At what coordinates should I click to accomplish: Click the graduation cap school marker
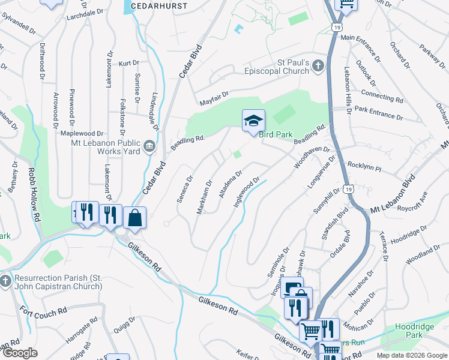253,122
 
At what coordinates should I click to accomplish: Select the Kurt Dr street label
128,62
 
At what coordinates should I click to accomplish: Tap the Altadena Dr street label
229,185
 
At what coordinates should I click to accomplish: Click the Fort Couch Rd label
43,313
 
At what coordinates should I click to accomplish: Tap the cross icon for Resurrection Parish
5,281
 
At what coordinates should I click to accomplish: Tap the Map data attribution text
411,355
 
